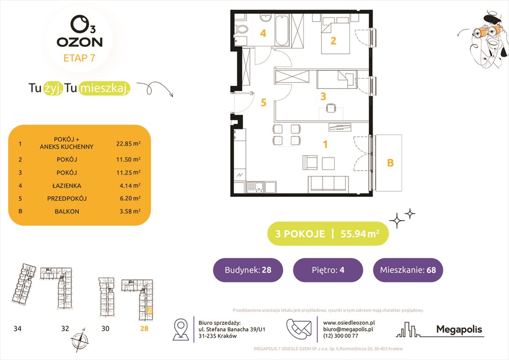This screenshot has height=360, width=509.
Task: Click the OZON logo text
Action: [80, 42]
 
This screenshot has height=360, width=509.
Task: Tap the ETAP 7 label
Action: [80, 59]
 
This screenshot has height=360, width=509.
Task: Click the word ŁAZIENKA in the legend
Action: [66, 185]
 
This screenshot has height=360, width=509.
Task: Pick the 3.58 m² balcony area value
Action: [129, 211]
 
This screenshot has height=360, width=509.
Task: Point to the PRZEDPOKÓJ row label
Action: [66, 198]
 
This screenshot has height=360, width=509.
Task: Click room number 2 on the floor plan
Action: [333, 41]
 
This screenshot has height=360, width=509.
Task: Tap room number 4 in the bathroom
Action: [263, 34]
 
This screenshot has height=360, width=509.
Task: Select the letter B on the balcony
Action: [390, 163]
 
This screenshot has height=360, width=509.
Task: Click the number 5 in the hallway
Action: [263, 103]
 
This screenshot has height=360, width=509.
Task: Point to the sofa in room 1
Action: [328, 184]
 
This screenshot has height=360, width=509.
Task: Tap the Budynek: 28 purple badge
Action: [248, 270]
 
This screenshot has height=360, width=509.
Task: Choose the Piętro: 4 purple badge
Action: [328, 270]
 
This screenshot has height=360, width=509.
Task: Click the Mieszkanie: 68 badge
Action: [408, 270]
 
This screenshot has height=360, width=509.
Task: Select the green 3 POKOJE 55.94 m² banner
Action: [328, 234]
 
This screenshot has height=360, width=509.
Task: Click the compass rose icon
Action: [78, 339]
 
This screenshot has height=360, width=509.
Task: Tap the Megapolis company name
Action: [459, 330]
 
